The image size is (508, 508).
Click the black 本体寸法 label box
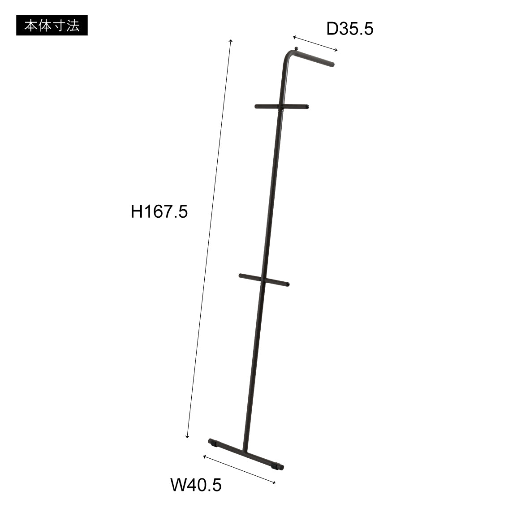(x=52, y=25)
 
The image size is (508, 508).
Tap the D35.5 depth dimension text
(x=350, y=29)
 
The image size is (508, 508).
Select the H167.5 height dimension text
(x=159, y=211)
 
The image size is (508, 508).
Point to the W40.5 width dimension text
(x=196, y=485)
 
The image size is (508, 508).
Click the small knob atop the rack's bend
(x=296, y=48)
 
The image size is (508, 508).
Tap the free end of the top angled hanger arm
(x=332, y=64)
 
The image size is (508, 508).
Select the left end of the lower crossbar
(x=241, y=276)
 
